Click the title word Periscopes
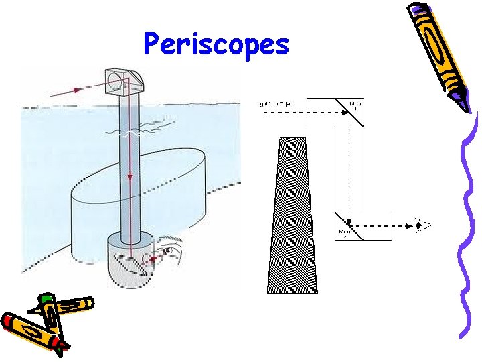click(216, 46)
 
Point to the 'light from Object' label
click(282, 103)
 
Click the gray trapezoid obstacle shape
click(292, 215)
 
